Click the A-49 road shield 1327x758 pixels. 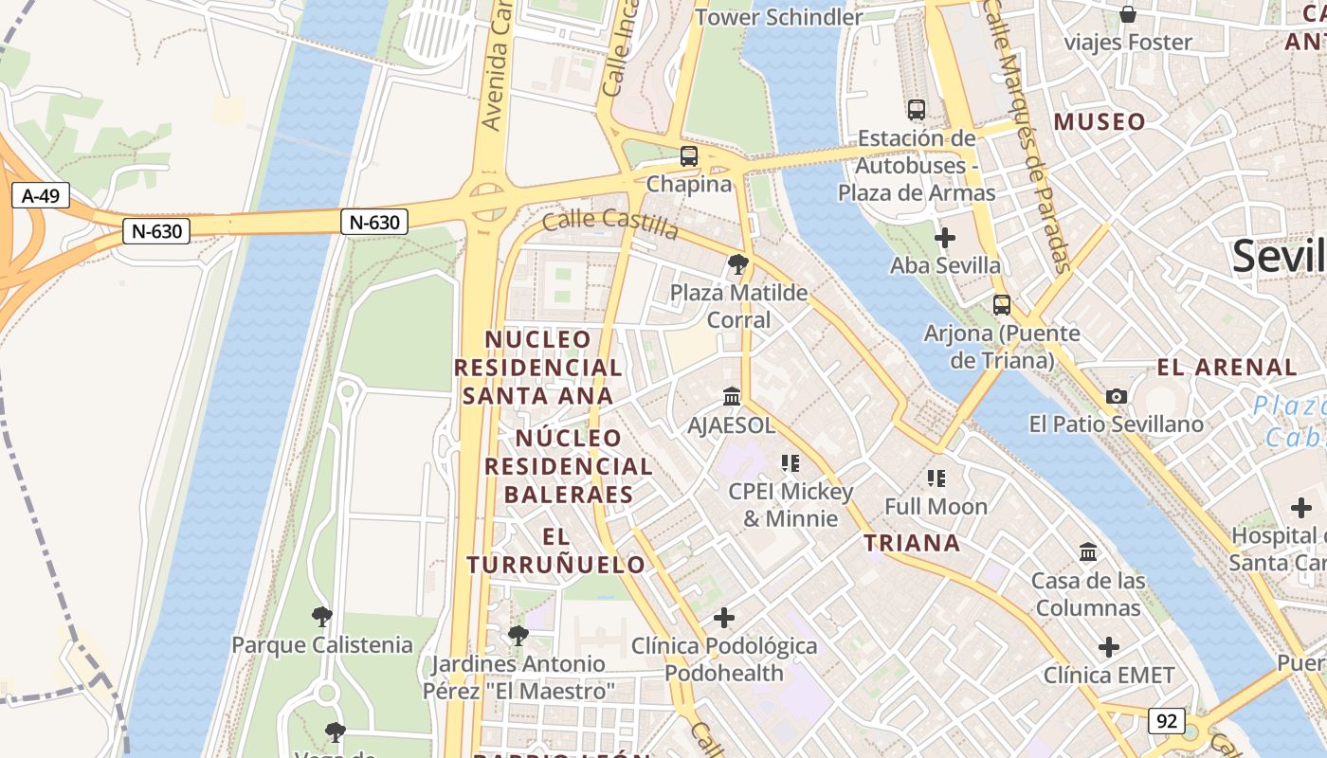(x=41, y=196)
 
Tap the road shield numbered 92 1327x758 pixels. (x=1166, y=721)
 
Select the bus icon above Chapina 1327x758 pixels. (x=689, y=156)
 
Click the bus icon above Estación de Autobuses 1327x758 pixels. (x=916, y=110)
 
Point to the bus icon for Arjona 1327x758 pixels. (x=1001, y=305)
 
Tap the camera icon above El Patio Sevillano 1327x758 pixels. (x=1117, y=396)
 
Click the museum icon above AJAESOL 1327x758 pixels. (x=732, y=396)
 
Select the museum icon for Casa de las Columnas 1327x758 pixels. (x=1088, y=551)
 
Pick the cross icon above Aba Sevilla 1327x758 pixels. (x=944, y=237)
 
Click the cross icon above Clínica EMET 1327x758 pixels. (x=1109, y=647)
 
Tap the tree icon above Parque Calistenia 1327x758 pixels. (x=322, y=617)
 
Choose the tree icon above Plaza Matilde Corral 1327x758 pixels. (x=738, y=264)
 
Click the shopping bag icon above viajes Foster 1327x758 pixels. (x=1128, y=14)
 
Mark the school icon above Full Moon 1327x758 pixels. (x=936, y=478)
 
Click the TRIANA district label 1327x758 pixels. (x=912, y=543)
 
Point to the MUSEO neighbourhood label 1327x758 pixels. (x=1100, y=121)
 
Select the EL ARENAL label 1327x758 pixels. (x=1227, y=367)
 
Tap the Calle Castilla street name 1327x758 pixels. (x=610, y=225)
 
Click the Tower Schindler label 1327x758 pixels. (x=778, y=17)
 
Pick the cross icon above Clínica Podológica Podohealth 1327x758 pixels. (x=724, y=618)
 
